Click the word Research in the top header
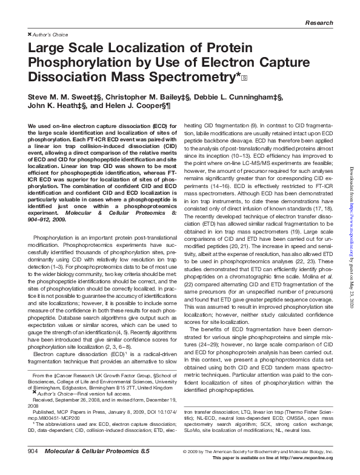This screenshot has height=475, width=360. click(319, 22)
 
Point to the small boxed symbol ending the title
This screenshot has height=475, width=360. click(244, 78)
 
